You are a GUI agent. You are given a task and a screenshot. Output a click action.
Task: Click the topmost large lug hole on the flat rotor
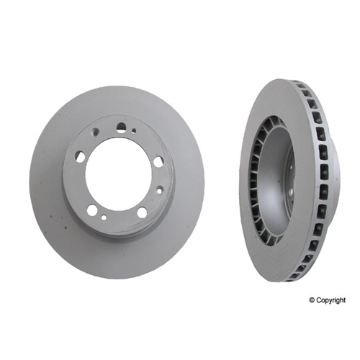pyautogui.click(x=122, y=127)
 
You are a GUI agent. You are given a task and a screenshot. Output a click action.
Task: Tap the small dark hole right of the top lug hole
pyautogui.click(x=134, y=131)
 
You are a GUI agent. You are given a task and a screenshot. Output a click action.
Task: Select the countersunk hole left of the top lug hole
pyautogui.click(x=97, y=131)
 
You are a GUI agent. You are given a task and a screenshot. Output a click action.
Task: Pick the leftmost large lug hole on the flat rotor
pyautogui.click(x=81, y=155)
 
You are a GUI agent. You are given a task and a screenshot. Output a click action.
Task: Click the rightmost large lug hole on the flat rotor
pyautogui.click(x=157, y=161)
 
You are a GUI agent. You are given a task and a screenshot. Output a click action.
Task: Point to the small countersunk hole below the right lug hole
pyautogui.click(x=159, y=191)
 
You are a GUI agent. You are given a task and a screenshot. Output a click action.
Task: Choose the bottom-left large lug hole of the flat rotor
pyautogui.click(x=91, y=210)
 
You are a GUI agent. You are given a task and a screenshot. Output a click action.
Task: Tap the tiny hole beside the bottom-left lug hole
pyautogui.click(x=104, y=217)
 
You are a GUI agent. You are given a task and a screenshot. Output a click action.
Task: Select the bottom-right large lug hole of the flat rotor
pyautogui.click(x=142, y=212)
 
